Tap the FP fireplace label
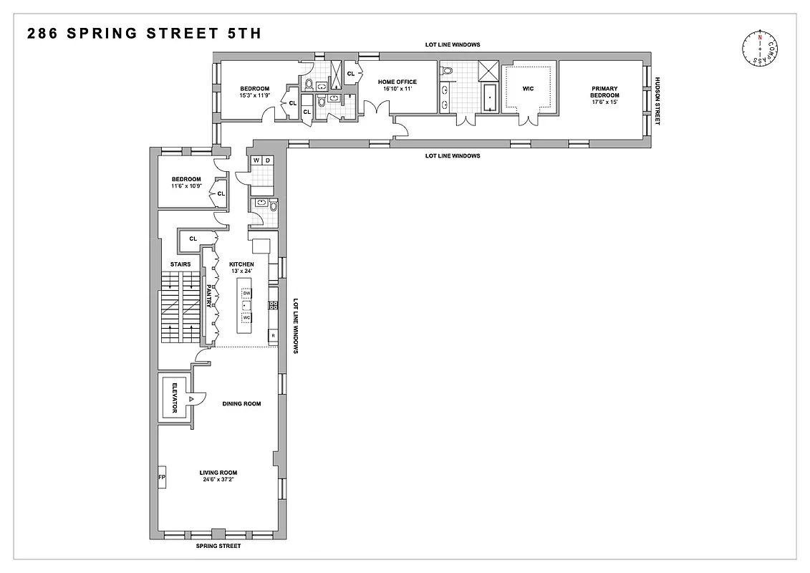pos(161,477)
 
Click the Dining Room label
pos(241,404)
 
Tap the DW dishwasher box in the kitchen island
pos(246,294)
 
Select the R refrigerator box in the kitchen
pos(273,335)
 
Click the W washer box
pos(255,160)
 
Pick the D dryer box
pos(267,160)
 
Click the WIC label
pos(529,89)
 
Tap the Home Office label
pos(397,82)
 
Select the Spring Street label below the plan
pos(219,546)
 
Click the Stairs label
pos(180,264)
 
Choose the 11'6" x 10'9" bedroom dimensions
pos(186,186)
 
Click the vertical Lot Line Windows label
pos(295,327)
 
